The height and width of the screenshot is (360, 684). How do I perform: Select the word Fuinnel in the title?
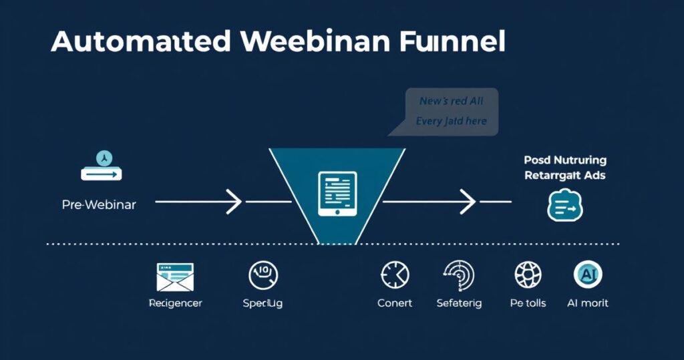pos(454,41)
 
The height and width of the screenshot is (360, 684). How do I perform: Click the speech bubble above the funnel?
pos(451,111)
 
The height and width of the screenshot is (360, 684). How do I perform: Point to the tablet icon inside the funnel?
pos(338,194)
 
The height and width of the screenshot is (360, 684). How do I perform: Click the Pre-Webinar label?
pos(99,204)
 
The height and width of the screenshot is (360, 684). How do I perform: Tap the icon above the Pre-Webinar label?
pos(102,166)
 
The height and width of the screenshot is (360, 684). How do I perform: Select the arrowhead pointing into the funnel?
pos(234,201)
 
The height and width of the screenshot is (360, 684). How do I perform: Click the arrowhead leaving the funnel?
pos(468,201)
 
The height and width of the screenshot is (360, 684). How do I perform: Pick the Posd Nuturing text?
pos(565,160)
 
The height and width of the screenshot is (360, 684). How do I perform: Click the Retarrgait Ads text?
pos(565,176)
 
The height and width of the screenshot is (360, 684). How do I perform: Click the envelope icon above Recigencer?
pos(175,277)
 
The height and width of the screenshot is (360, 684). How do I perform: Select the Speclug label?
pos(263,303)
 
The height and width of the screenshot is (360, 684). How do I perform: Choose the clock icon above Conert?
pos(395,275)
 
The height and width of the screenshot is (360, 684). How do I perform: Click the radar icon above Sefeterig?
pos(459,275)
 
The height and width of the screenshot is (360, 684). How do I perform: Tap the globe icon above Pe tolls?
pos(528,275)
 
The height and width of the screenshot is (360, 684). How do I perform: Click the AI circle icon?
pos(588,274)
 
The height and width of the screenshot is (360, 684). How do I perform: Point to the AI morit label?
pos(588,303)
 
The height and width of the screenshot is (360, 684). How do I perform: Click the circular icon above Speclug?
pos(263,275)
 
